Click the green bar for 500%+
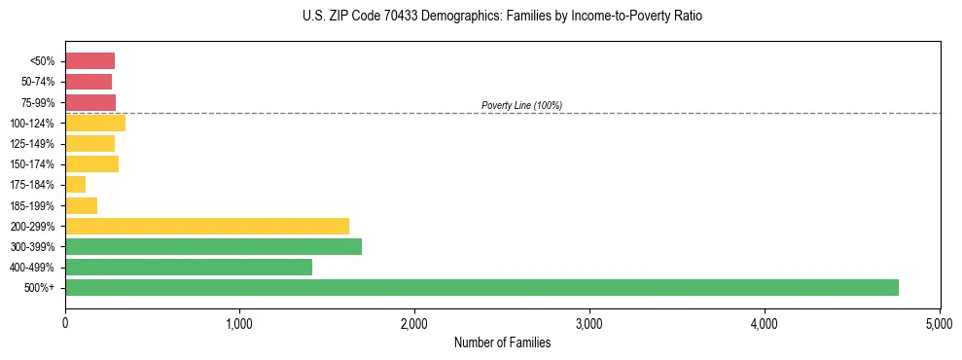(481, 287)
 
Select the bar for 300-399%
(213, 246)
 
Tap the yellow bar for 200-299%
(207, 226)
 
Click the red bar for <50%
(89, 61)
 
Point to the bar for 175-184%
(75, 185)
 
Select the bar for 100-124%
(95, 124)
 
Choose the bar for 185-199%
(81, 205)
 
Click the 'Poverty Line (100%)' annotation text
(521, 105)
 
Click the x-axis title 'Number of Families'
(502, 342)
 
